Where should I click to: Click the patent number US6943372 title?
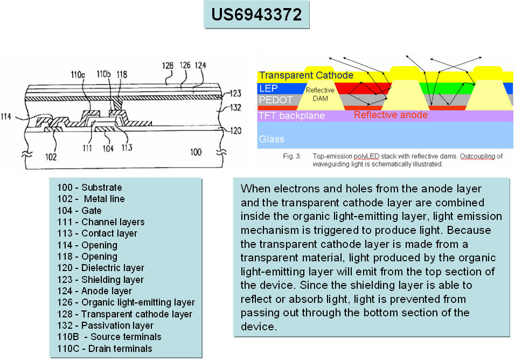pyautogui.click(x=256, y=15)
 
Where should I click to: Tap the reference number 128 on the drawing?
pyautogui.click(x=168, y=67)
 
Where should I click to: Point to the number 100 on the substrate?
pyautogui.click(x=196, y=153)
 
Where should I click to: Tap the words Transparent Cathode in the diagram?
pyautogui.click(x=306, y=75)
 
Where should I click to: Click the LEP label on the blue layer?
pyautogui.click(x=269, y=88)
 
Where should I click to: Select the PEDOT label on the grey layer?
pyautogui.click(x=276, y=100)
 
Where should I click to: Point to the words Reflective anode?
pyautogui.click(x=391, y=115)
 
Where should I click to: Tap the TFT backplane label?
pyautogui.click(x=291, y=115)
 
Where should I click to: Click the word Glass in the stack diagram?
pyautogui.click(x=271, y=139)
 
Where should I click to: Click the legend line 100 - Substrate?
pyautogui.click(x=89, y=188)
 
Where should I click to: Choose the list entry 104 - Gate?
pyautogui.click(x=79, y=210)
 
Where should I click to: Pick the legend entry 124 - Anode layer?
pyautogui.click(x=94, y=291)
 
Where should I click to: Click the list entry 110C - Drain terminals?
pyautogui.click(x=105, y=348)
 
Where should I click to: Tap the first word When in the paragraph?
pyautogui.click(x=254, y=189)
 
